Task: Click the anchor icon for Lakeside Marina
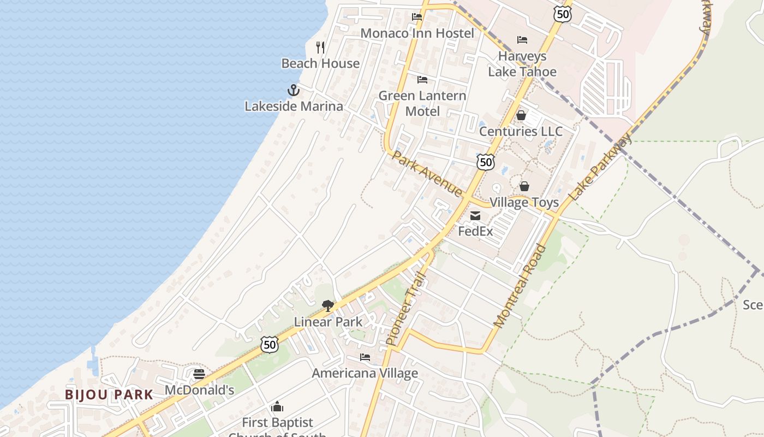(294, 90)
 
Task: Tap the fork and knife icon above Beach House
(320, 48)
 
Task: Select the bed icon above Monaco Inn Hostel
(417, 17)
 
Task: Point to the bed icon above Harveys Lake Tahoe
(522, 40)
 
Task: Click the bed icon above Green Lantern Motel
(422, 80)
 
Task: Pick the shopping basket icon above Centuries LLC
(521, 115)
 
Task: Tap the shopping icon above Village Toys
(524, 187)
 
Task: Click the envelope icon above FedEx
(475, 216)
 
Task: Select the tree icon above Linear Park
(327, 306)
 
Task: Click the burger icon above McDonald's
(199, 374)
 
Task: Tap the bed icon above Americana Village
(365, 357)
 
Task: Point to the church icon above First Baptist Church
(277, 407)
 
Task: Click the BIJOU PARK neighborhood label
(109, 394)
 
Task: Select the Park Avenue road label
(428, 174)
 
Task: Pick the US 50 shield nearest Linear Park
(270, 344)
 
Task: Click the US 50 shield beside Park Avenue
(485, 162)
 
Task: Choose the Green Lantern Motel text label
(422, 103)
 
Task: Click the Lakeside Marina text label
(294, 106)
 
